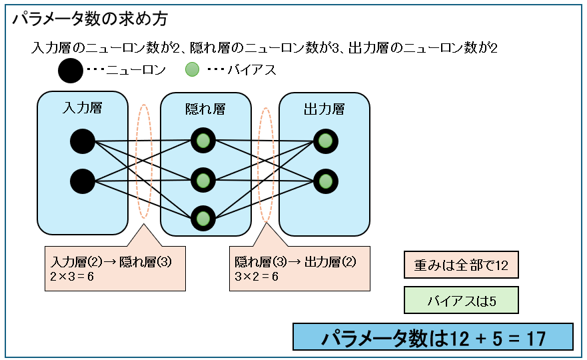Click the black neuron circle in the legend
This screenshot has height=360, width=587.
(x=70, y=70)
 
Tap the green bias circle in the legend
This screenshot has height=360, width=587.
(x=192, y=69)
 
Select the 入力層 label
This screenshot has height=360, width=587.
(x=83, y=107)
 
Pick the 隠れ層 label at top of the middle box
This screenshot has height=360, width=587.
(x=205, y=109)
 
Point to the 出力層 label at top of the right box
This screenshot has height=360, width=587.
(x=324, y=109)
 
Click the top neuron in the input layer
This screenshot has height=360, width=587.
(x=83, y=141)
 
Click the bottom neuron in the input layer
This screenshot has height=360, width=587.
(x=83, y=181)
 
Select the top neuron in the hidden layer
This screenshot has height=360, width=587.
(x=203, y=141)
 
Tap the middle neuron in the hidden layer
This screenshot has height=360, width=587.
(x=203, y=179)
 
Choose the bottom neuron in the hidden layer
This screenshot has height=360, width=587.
(x=203, y=218)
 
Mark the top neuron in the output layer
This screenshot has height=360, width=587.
(x=325, y=141)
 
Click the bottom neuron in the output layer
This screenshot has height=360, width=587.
(x=325, y=181)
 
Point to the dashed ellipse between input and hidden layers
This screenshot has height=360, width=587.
(x=144, y=161)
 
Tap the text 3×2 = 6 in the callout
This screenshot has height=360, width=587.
(x=257, y=275)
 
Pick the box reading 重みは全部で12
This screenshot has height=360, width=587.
(x=461, y=265)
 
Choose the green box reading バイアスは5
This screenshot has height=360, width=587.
(x=461, y=301)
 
